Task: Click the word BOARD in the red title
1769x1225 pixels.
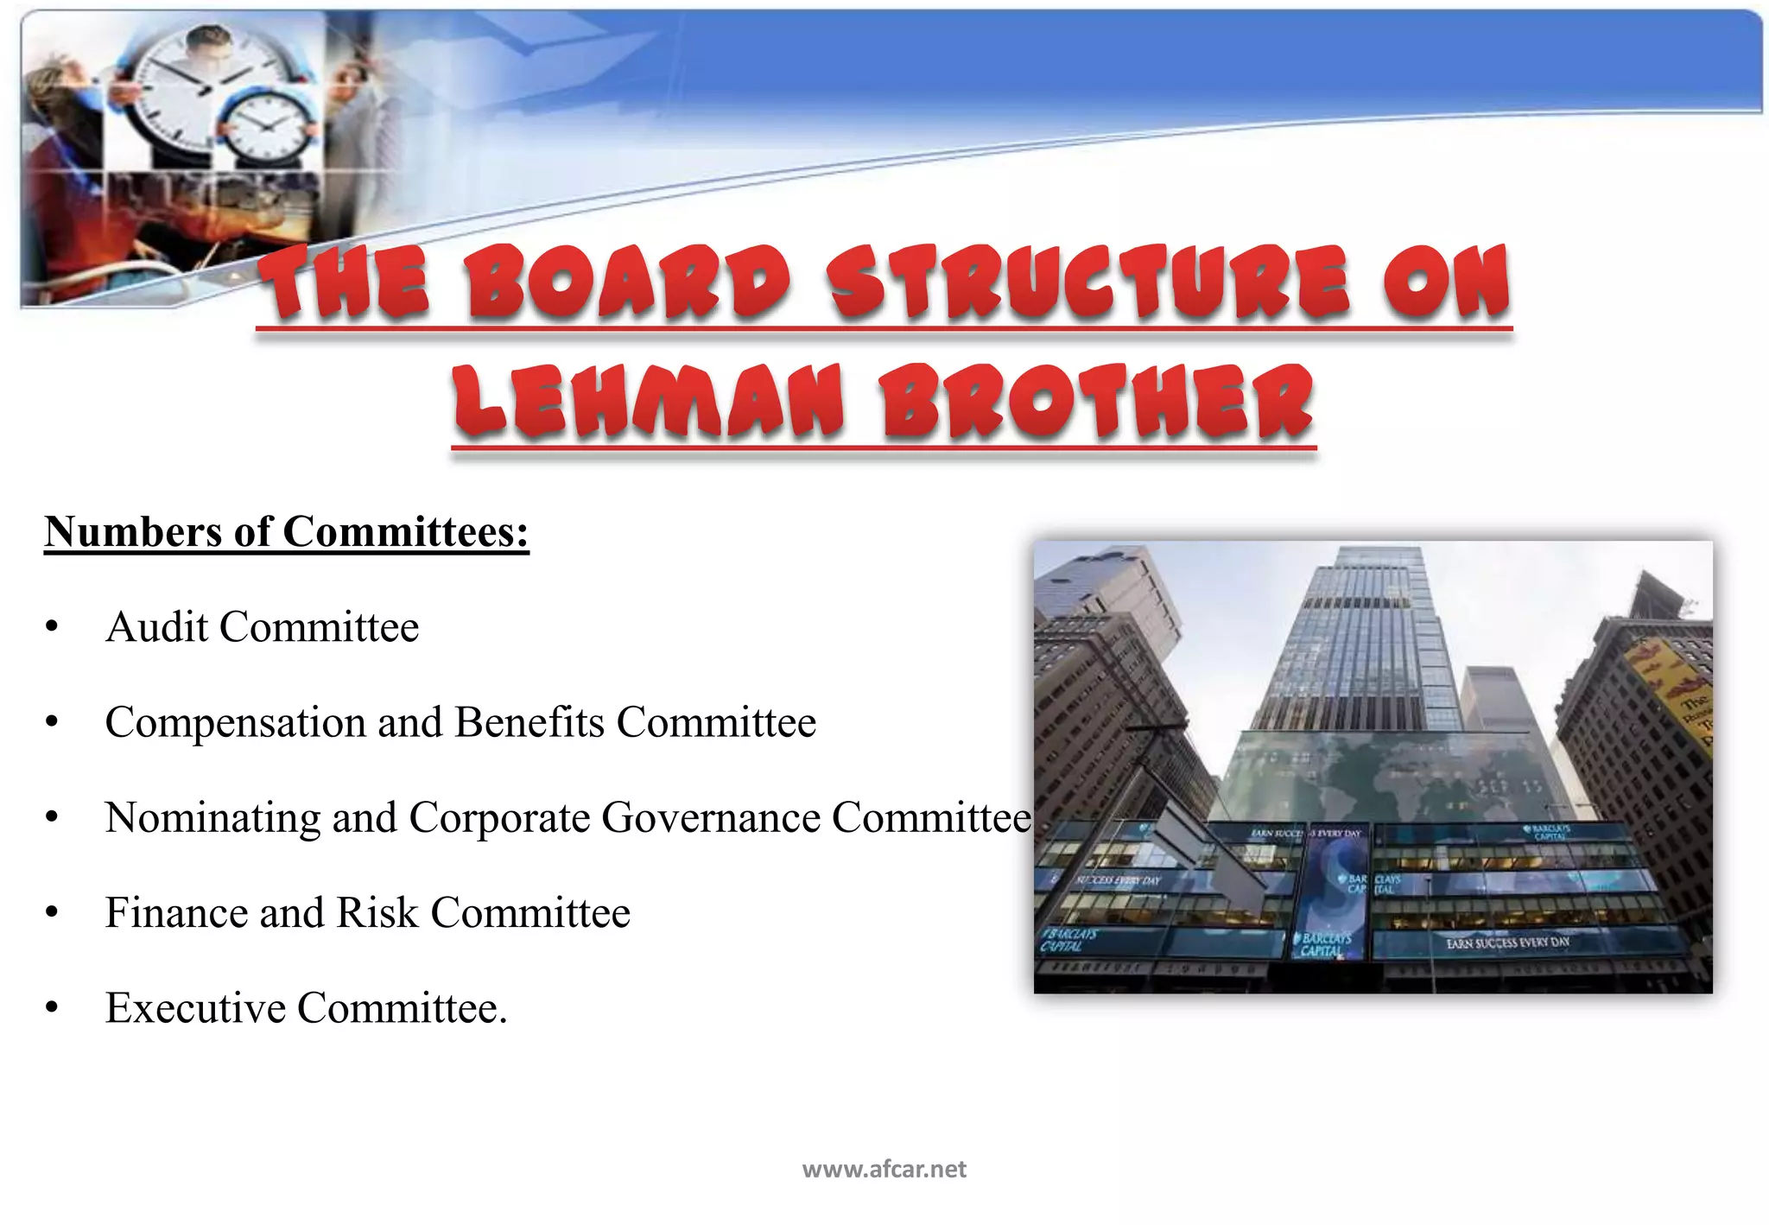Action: pos(628,282)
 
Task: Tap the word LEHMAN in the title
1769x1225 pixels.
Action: pos(648,401)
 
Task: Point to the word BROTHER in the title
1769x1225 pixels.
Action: pos(1097,401)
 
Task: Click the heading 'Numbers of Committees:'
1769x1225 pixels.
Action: pos(286,531)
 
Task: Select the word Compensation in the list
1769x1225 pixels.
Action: pos(235,723)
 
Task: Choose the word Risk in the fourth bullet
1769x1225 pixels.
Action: pos(377,913)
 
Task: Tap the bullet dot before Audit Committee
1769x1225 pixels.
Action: pos(52,627)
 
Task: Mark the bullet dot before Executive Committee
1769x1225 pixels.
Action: pos(52,1008)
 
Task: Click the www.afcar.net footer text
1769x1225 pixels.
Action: pos(884,1170)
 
